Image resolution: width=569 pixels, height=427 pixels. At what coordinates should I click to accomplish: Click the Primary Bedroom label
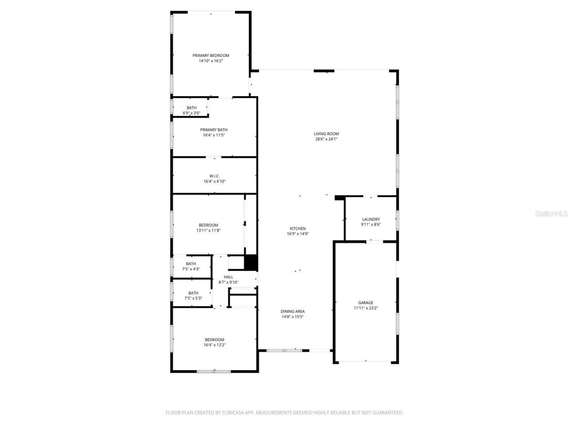[x=211, y=56]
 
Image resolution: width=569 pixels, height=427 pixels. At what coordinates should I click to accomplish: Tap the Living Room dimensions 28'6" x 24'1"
[x=326, y=139]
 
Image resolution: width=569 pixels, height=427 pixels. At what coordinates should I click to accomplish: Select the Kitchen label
[x=298, y=229]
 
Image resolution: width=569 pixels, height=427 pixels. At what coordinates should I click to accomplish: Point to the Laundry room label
[x=371, y=219]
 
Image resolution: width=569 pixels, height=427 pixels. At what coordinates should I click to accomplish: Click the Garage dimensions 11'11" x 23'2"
[x=366, y=308]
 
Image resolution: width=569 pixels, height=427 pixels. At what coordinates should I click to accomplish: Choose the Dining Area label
[x=293, y=311]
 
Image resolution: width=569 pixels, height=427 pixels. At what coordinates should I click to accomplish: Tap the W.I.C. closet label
[x=214, y=176]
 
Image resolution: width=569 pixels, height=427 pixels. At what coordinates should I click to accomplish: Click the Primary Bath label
[x=214, y=130]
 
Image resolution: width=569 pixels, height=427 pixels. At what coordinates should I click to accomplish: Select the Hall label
[x=228, y=277]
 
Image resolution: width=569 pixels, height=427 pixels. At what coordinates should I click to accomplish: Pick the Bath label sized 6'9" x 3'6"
[x=192, y=108]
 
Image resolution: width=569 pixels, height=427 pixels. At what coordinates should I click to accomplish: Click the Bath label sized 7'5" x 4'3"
[x=191, y=264]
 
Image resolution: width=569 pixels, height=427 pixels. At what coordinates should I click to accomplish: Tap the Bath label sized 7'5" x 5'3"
[x=193, y=293]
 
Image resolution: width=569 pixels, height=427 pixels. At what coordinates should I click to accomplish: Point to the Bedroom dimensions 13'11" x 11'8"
[x=208, y=230]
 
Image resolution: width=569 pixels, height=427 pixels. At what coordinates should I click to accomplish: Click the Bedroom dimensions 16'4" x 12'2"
[x=214, y=345]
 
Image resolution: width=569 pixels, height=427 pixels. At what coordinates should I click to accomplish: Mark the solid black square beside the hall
[x=251, y=262]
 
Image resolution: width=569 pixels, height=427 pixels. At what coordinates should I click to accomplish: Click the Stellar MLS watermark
[x=551, y=214]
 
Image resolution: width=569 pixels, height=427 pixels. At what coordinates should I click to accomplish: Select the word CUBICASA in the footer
[x=231, y=413]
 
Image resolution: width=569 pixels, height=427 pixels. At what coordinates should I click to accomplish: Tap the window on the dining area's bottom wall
[x=284, y=350]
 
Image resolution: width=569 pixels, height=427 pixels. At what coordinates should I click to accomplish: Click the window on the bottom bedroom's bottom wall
[x=214, y=371]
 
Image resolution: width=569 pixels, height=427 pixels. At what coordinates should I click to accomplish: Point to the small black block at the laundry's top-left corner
[x=340, y=198]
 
